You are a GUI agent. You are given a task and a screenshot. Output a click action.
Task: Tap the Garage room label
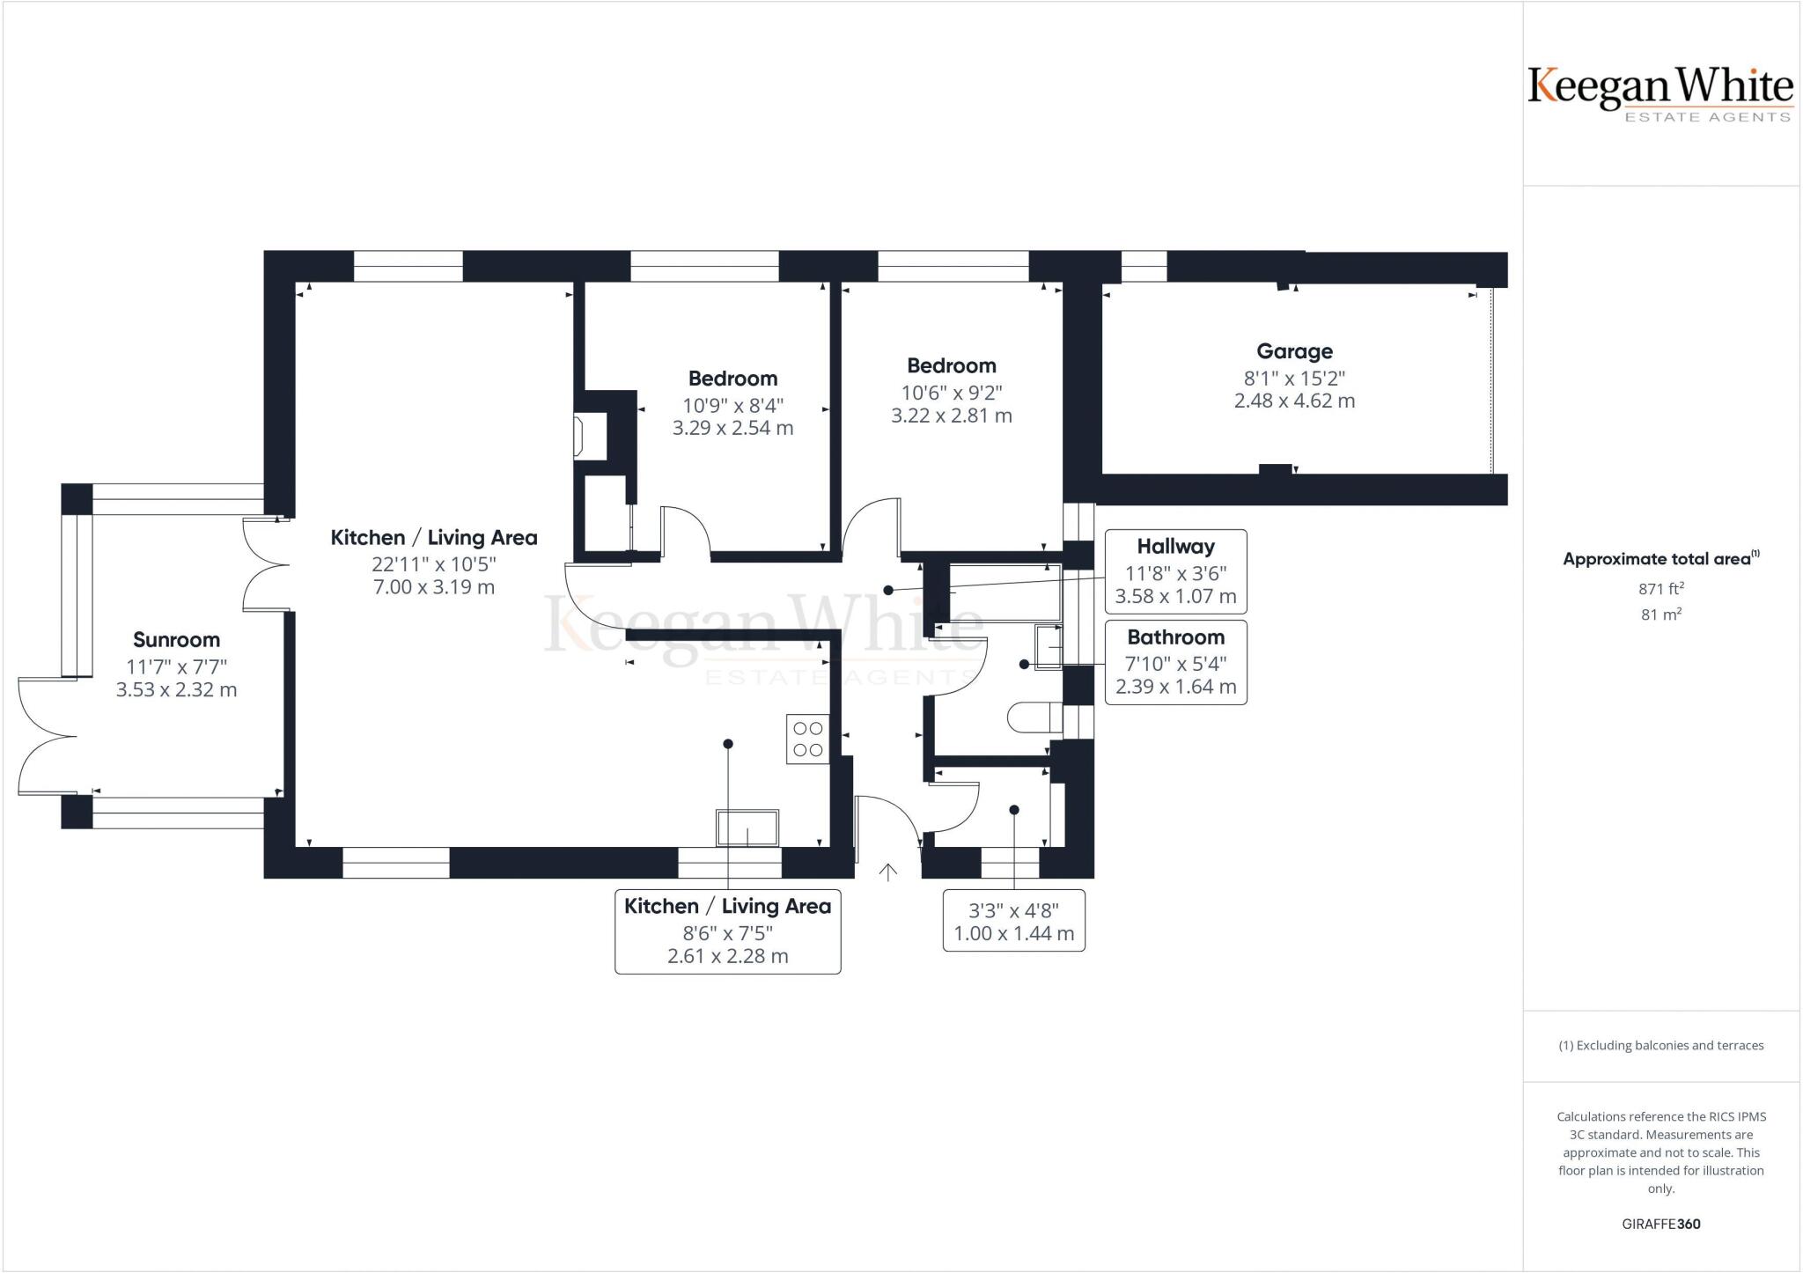[1293, 351]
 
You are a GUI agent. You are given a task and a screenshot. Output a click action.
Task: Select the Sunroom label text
[176, 640]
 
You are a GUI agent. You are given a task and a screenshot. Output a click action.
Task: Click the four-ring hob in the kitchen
[807, 740]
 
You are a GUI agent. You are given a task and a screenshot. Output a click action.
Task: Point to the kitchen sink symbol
[747, 828]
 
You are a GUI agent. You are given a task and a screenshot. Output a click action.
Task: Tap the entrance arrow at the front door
[888, 872]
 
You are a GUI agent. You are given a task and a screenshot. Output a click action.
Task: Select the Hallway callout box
[1175, 571]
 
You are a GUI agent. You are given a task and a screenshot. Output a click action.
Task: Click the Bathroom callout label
[1175, 637]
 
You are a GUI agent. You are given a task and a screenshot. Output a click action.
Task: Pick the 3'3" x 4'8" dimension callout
[1013, 922]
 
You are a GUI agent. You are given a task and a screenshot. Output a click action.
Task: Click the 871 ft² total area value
[1661, 588]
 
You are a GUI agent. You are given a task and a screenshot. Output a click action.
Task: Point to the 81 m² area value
[1661, 614]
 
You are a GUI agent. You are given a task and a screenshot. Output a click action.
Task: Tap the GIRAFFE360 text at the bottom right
[1660, 1224]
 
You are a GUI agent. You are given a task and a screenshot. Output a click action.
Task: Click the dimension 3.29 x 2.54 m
[732, 429]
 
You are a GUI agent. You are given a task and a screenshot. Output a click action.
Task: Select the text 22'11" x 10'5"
[434, 563]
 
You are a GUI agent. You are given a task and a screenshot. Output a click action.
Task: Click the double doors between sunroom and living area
[267, 563]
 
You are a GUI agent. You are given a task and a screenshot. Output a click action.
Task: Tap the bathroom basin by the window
[1049, 647]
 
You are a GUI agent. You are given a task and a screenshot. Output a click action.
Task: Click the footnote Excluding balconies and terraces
[1661, 1046]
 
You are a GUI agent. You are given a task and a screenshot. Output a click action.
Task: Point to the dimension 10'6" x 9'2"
[951, 393]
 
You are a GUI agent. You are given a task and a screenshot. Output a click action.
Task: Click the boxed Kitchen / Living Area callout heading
[727, 907]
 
